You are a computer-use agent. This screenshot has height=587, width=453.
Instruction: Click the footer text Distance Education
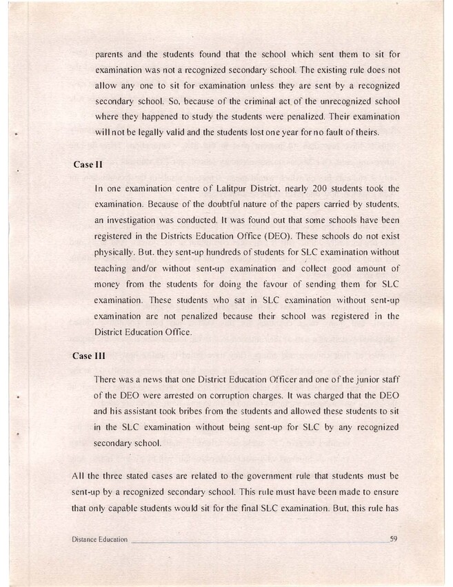tap(99, 539)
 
